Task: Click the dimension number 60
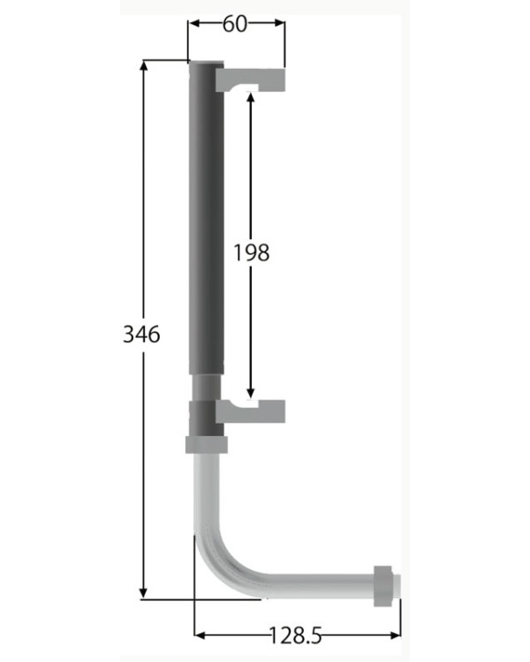(x=235, y=24)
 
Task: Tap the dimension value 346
(x=141, y=335)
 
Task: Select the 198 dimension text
(x=252, y=253)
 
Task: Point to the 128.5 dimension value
(x=295, y=635)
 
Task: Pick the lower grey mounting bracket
(x=250, y=411)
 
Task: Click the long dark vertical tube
(x=206, y=217)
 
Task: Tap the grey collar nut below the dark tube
(x=206, y=445)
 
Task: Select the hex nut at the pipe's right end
(x=382, y=586)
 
